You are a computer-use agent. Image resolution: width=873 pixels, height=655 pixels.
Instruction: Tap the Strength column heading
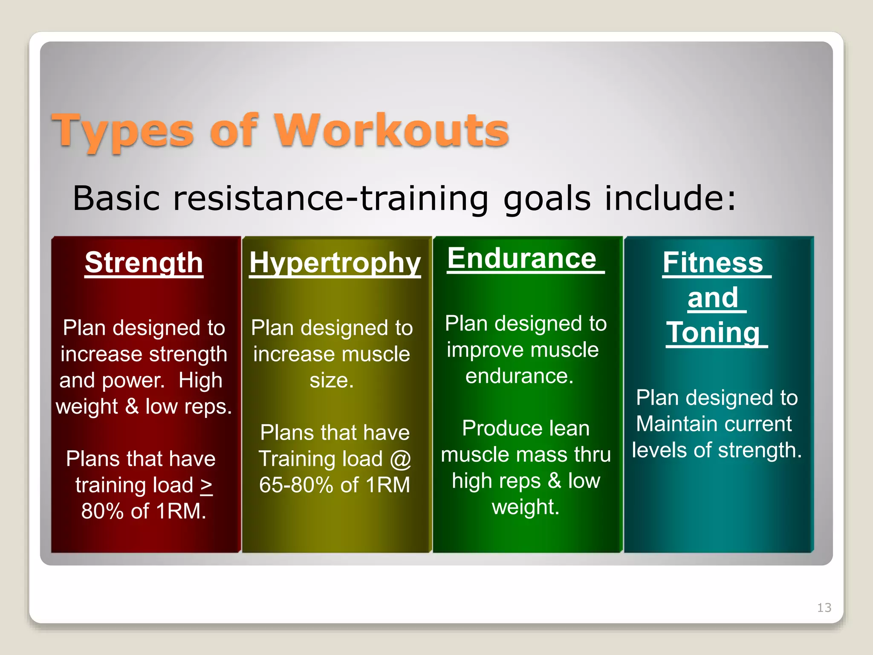pos(144,262)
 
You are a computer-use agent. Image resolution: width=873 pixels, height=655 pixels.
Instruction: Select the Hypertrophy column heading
pos(335,262)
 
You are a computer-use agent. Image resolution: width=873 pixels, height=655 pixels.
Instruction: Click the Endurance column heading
pos(522,258)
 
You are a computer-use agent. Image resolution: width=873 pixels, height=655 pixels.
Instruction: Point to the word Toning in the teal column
pos(713,333)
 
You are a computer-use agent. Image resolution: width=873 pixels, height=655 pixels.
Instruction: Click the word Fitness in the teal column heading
pos(713,262)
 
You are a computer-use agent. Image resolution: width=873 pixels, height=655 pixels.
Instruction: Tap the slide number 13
pos(824,607)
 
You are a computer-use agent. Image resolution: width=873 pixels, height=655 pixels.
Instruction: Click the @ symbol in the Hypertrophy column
pos(400,459)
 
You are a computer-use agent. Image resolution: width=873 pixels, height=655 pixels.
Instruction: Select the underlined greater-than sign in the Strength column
pos(206,485)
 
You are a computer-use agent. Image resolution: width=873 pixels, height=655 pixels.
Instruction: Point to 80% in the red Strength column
pos(102,511)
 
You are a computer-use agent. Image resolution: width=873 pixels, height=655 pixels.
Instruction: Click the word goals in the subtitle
pos(547,198)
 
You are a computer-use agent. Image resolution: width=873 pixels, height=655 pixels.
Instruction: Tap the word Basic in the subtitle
pos(116,198)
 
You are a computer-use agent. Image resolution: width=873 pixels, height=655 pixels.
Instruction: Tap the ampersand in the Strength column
pos(132,406)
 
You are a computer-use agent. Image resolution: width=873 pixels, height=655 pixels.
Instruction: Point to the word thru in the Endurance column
pos(593,455)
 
